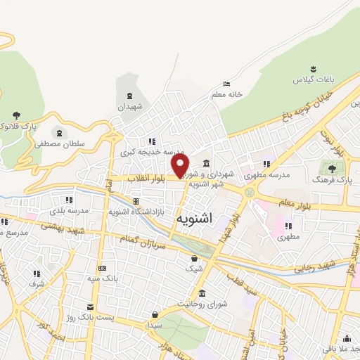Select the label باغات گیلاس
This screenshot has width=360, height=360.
tap(312, 79)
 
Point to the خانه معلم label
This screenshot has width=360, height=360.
tap(225, 94)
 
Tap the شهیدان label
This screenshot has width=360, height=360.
tap(129, 106)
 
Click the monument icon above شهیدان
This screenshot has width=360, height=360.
tap(129, 96)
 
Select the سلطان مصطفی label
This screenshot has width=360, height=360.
tap(60, 143)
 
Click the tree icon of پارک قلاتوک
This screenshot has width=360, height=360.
tap(16, 115)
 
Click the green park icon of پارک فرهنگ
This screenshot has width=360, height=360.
tap(328, 168)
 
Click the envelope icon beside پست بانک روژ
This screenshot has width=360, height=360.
tap(89, 307)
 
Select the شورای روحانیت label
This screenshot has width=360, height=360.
tap(202, 304)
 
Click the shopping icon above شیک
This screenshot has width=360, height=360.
tap(193, 258)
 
